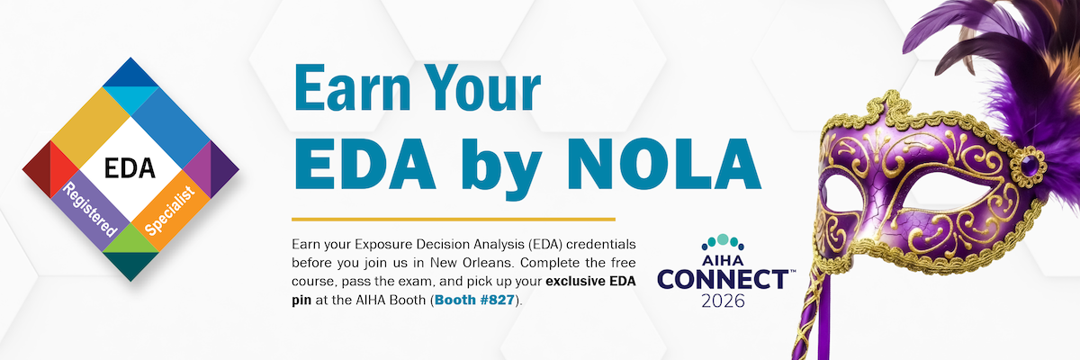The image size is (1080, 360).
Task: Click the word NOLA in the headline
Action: [x=664, y=165]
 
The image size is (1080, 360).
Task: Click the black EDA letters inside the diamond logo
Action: [x=130, y=167]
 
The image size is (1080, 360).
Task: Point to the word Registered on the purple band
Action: [x=91, y=210]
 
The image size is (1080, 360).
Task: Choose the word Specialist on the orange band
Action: [x=170, y=211]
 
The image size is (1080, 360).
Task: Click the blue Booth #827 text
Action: [x=474, y=300]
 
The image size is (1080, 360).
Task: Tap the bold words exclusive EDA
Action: [x=590, y=281]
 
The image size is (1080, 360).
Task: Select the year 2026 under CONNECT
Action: [x=724, y=301]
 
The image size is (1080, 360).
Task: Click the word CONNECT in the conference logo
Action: [x=724, y=280]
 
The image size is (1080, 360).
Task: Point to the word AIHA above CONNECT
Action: [x=723, y=260]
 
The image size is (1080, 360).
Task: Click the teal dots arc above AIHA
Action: [x=723, y=241]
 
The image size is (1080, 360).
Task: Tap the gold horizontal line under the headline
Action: [x=454, y=220]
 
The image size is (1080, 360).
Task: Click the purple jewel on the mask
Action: [x=1029, y=166]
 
